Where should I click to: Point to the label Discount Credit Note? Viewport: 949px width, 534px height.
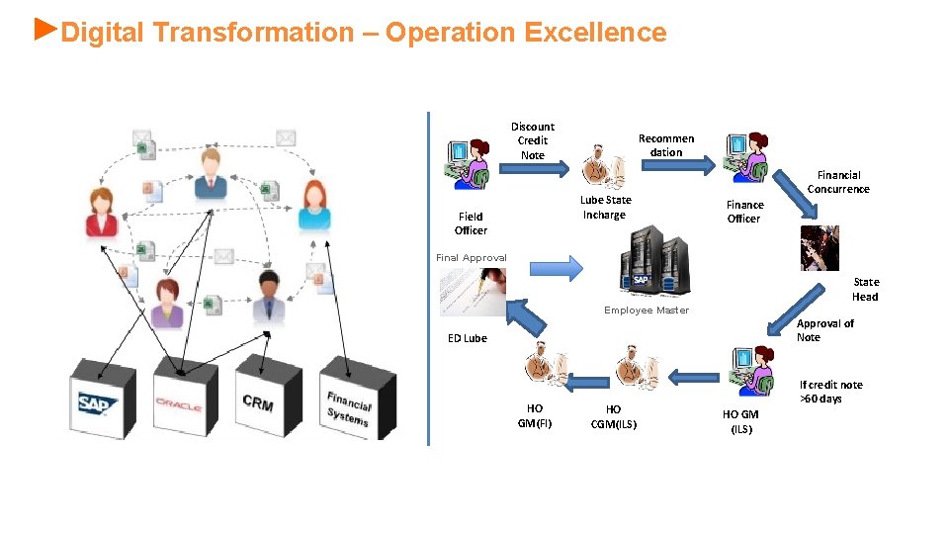click(532, 140)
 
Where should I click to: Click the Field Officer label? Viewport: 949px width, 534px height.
click(471, 223)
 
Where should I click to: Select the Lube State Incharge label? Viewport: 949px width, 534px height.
click(605, 207)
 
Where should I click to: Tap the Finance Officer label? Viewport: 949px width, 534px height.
click(744, 212)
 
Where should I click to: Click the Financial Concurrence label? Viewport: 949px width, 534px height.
click(838, 182)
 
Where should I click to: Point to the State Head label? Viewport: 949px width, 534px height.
click(865, 289)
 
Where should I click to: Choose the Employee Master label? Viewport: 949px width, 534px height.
click(647, 311)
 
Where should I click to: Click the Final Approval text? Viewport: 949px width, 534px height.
click(472, 258)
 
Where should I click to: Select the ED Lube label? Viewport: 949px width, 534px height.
click(468, 338)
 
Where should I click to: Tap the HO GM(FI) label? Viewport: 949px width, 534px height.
click(535, 416)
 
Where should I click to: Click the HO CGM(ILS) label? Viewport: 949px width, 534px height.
click(614, 416)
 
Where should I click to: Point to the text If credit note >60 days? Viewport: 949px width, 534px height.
click(830, 392)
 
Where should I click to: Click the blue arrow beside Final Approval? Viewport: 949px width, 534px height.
click(558, 267)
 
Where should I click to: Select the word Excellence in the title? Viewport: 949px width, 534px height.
click(595, 33)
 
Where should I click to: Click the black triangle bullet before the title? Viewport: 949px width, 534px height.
click(44, 27)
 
